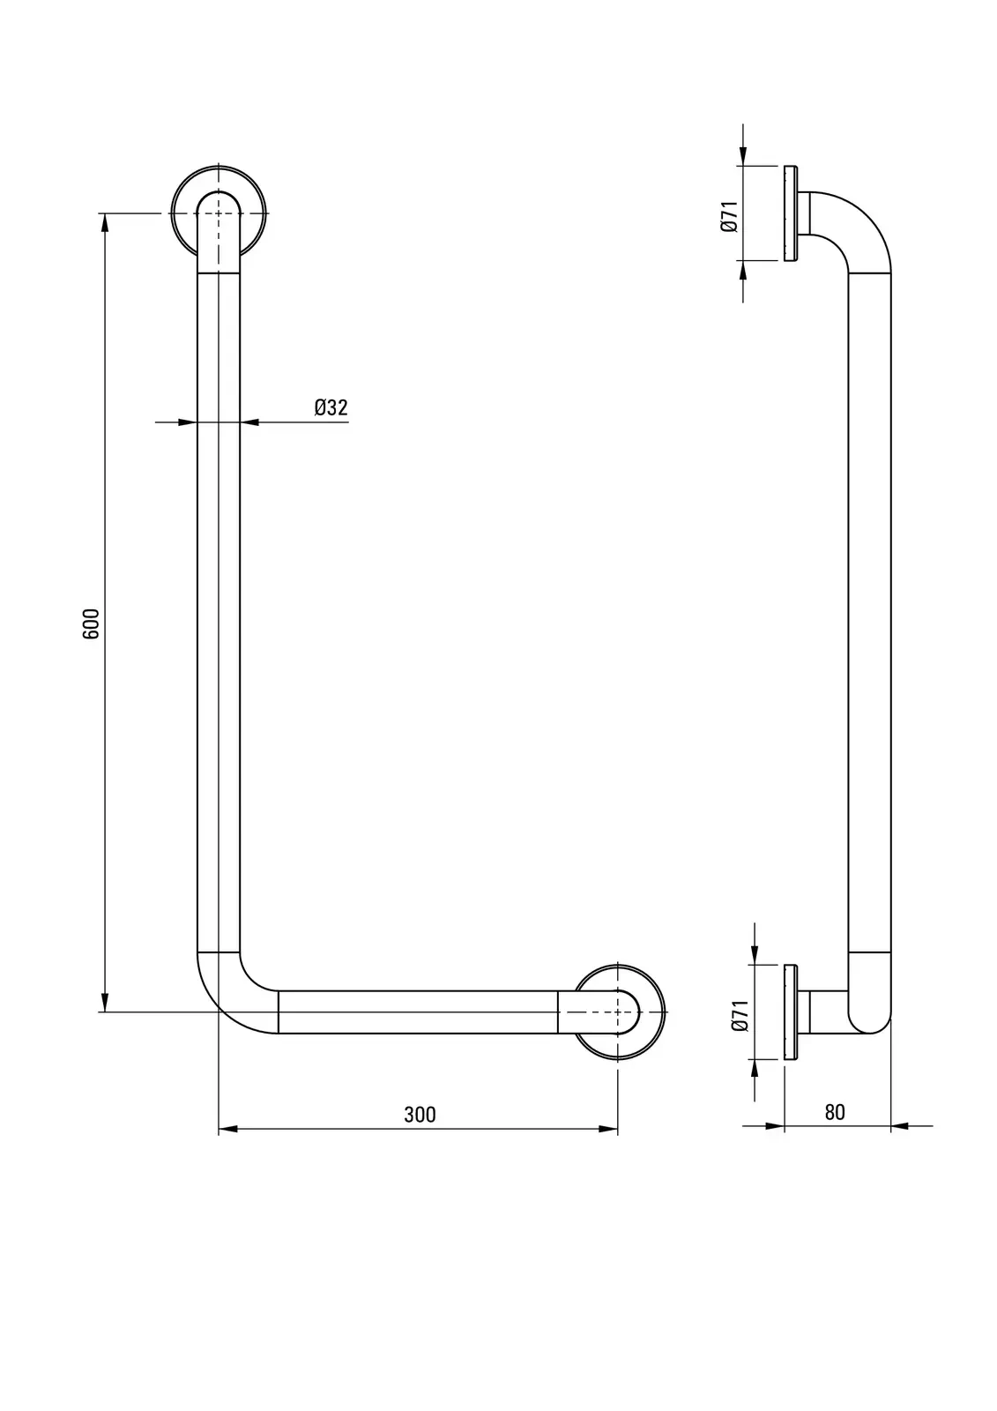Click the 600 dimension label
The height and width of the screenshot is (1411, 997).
pos(92,623)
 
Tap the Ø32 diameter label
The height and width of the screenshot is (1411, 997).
pos(331,407)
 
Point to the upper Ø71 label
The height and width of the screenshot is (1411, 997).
pos(729,217)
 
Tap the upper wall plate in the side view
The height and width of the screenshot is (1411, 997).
pos(791,213)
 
